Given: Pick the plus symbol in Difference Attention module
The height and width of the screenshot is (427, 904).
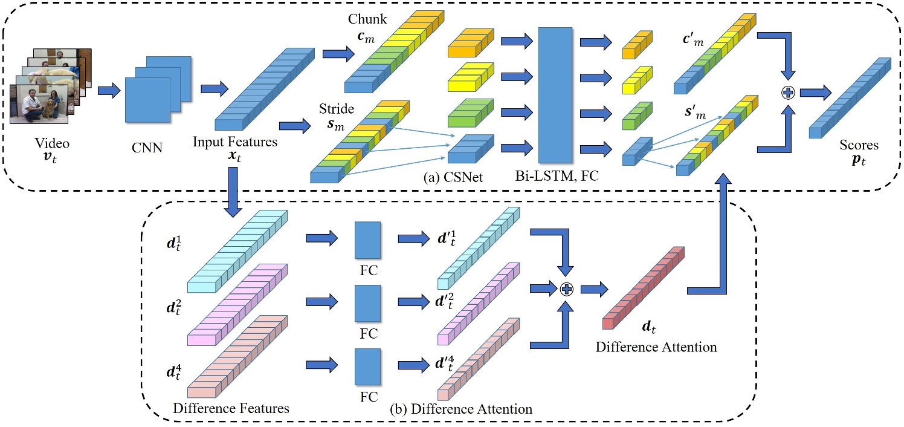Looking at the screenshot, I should click(x=566, y=289).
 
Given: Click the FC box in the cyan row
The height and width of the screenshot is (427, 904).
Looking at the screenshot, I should click(x=367, y=240).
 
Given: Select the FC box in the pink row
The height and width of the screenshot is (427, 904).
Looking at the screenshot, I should click(x=367, y=304).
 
